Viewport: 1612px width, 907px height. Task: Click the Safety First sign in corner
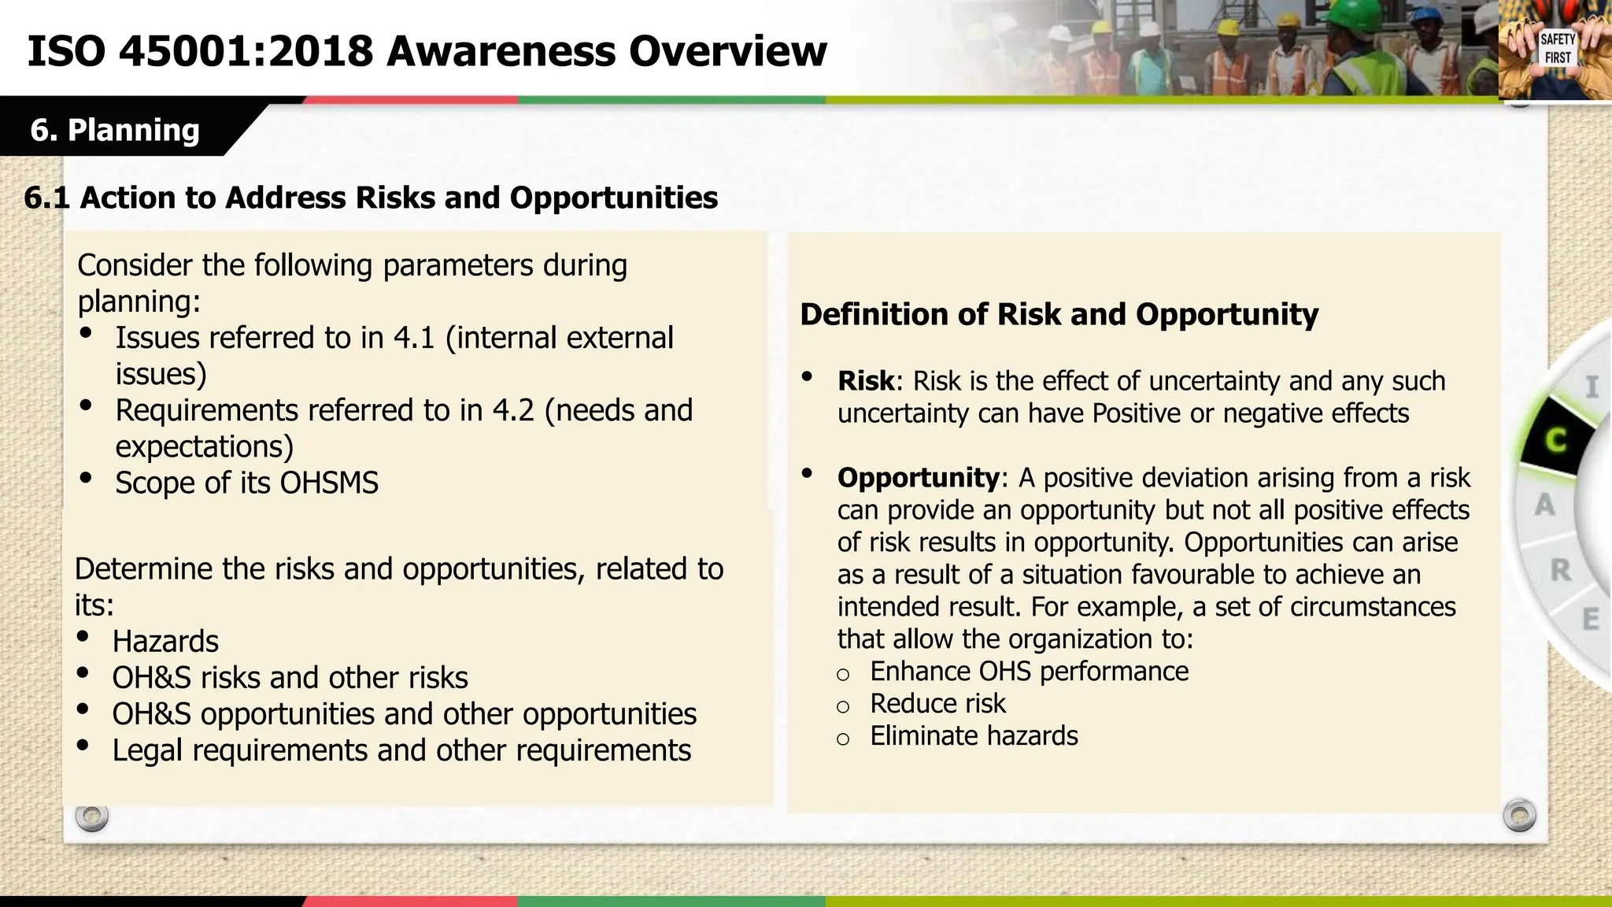click(1557, 49)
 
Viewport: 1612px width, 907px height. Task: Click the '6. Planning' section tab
click(115, 130)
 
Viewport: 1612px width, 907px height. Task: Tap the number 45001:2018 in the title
click(246, 52)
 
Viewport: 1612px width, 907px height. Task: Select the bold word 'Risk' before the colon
click(865, 381)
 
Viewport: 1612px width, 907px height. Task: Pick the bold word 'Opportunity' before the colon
click(918, 478)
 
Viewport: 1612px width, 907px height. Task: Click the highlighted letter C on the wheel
click(1555, 439)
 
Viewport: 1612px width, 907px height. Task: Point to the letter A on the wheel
click(1544, 505)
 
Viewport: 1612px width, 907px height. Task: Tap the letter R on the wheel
click(1560, 570)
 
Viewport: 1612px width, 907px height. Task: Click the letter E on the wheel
click(1590, 620)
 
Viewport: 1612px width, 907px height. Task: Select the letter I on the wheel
click(1592, 387)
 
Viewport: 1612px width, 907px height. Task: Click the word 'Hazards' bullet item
click(165, 642)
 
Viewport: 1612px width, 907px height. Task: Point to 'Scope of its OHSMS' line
click(246, 483)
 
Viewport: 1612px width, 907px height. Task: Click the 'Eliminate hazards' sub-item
click(974, 736)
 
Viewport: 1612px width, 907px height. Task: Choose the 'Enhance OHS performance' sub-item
click(1029, 672)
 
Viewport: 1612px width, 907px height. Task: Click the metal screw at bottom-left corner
click(91, 816)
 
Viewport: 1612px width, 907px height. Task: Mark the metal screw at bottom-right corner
click(1518, 815)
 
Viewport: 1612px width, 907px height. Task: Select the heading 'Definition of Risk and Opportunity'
click(1059, 314)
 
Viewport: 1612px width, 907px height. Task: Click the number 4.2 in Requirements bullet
click(513, 411)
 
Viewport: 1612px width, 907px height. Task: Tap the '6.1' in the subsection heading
click(46, 198)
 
